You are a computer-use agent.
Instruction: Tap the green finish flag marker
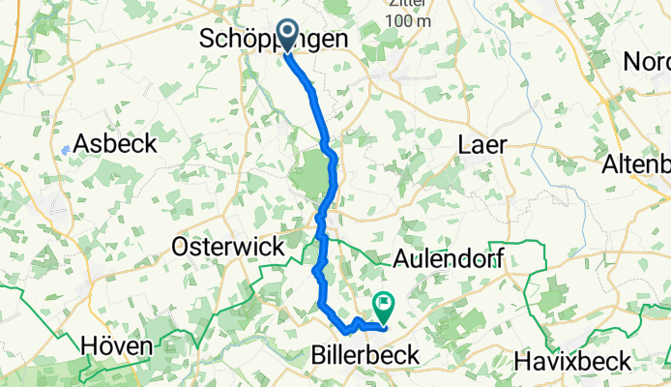click(384, 306)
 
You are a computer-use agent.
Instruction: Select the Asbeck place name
click(115, 142)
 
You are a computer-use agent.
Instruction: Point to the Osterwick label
click(227, 247)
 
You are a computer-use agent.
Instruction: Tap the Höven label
click(116, 345)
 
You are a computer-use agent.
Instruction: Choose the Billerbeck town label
click(366, 356)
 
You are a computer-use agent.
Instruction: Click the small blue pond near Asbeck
click(64, 150)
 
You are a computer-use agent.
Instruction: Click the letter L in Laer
click(463, 143)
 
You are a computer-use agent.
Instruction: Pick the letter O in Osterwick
click(179, 247)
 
